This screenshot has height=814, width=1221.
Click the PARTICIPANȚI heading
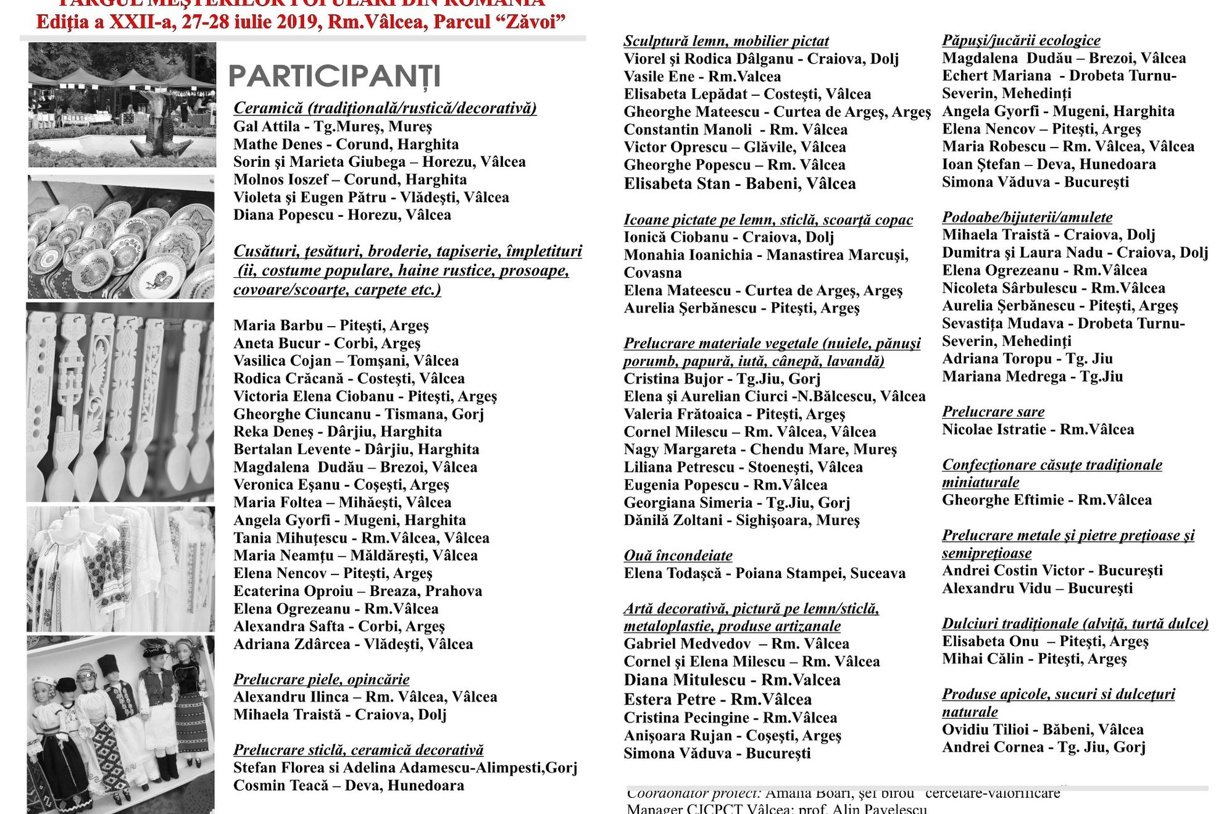(x=335, y=76)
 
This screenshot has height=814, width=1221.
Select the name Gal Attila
(x=267, y=127)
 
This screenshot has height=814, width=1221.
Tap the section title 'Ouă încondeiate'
(x=678, y=555)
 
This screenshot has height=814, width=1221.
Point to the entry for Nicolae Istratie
(x=1038, y=429)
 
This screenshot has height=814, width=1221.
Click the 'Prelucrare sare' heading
(x=993, y=412)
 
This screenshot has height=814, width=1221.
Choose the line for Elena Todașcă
(x=764, y=573)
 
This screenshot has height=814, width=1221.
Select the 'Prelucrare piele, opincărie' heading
(x=321, y=679)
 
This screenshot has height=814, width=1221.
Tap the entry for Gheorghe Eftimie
(x=1046, y=500)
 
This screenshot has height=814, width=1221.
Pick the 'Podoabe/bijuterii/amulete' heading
(x=1027, y=217)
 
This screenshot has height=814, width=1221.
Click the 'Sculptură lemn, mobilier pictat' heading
(x=726, y=41)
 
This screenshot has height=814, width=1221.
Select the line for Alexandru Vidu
(x=1037, y=588)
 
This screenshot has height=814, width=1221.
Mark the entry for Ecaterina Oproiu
(x=357, y=591)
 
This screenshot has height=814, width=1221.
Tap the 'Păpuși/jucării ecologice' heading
(x=1021, y=41)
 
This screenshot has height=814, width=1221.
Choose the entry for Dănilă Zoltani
(x=741, y=520)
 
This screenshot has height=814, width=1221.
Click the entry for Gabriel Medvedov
(x=736, y=644)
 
